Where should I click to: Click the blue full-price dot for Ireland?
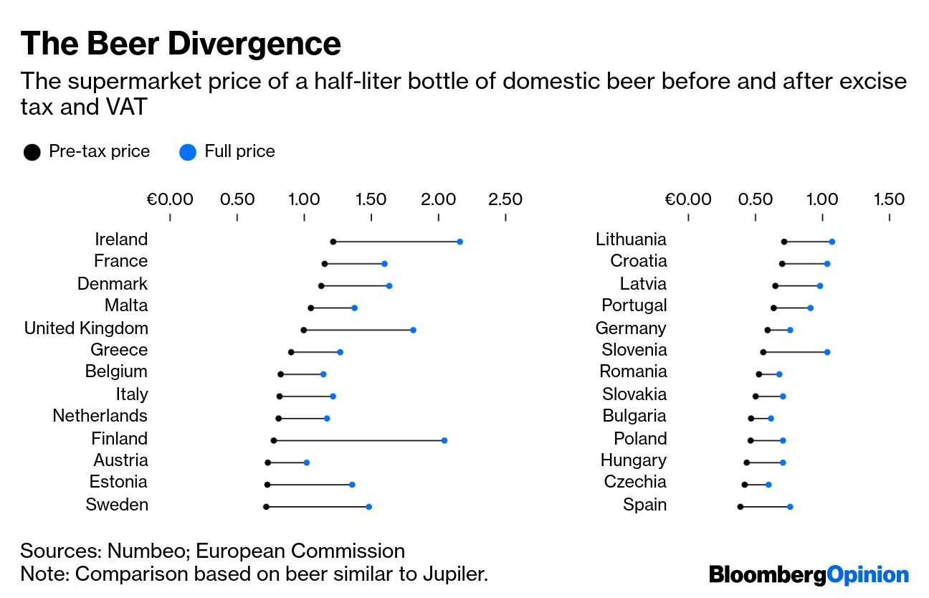pos(459,242)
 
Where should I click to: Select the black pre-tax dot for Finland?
pos(273,440)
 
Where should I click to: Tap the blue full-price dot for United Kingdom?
pos(413,330)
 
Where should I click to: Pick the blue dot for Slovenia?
pos(826,352)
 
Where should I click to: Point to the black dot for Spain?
pos(740,507)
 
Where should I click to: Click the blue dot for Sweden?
pos(368,507)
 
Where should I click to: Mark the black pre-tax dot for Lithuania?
pos(784,242)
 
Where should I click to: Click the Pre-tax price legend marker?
pos(32,152)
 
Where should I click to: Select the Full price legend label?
pos(239,151)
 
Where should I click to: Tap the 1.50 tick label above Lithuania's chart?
pos(889,199)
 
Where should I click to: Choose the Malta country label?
pos(126,305)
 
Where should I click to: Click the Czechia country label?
pos(635,482)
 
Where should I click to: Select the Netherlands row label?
pos(100,416)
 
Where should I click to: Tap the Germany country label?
pos(631,328)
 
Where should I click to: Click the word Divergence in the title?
pos(253,44)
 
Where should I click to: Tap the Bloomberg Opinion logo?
pos(809,574)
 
